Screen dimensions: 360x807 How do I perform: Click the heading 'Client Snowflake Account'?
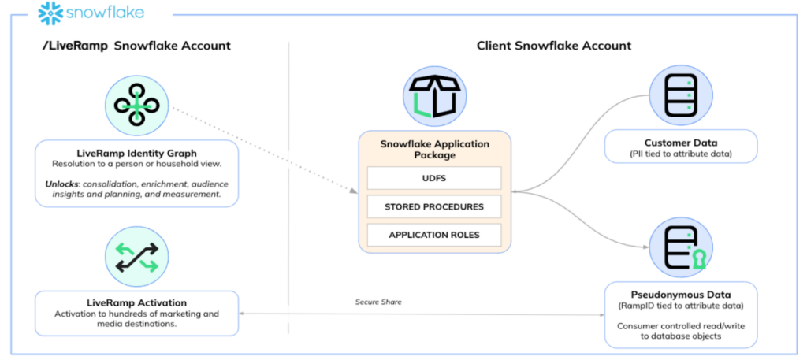click(x=553, y=46)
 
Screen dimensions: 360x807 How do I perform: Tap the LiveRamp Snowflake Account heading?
click(x=136, y=46)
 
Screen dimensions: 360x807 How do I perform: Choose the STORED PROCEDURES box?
click(x=434, y=206)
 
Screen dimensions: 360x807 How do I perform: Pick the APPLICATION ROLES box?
click(x=434, y=235)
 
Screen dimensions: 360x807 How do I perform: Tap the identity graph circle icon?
click(x=137, y=107)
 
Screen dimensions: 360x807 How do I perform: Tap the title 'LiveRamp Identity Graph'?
click(x=136, y=151)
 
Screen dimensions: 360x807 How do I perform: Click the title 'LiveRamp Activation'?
click(x=136, y=302)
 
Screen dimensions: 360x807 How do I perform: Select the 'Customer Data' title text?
click(x=680, y=142)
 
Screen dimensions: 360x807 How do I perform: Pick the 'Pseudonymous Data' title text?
click(x=680, y=293)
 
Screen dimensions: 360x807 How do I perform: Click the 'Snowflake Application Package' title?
click(x=434, y=150)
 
